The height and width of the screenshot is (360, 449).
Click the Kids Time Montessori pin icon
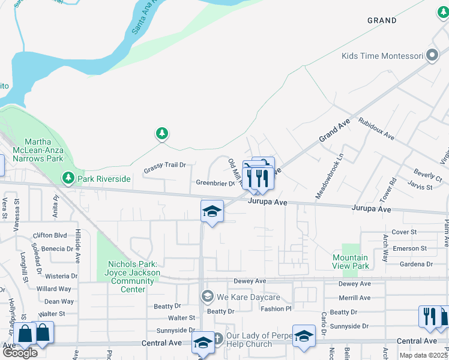click(x=432, y=56)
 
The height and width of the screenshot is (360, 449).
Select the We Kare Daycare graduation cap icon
click(x=207, y=296)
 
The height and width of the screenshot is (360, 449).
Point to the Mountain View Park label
click(x=351, y=262)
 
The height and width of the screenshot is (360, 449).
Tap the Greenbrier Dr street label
click(x=215, y=183)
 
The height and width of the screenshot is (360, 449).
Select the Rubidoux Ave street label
click(x=376, y=128)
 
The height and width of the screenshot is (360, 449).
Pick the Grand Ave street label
click(x=334, y=130)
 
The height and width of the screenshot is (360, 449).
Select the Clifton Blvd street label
click(x=50, y=236)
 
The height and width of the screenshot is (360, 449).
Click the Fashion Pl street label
click(x=276, y=309)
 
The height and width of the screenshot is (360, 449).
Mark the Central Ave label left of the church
click(x=161, y=343)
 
